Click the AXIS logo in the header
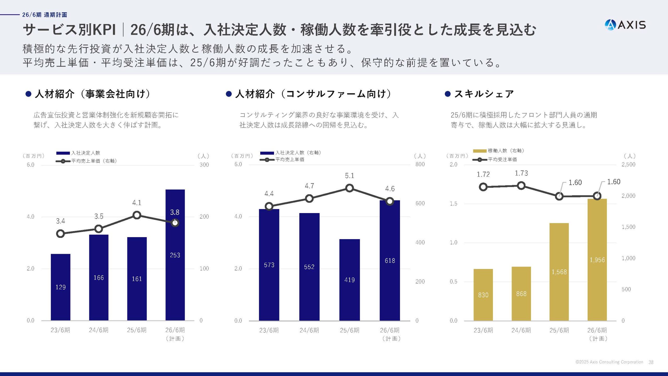pyautogui.click(x=625, y=25)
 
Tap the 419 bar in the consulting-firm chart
pyautogui.click(x=349, y=280)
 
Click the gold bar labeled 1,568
pyautogui.click(x=559, y=272)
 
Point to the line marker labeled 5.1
pyautogui.click(x=349, y=188)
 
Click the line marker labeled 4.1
pyautogui.click(x=137, y=215)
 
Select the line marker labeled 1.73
pyautogui.click(x=521, y=186)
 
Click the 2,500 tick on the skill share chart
pyautogui.click(x=628, y=164)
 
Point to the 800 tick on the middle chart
pyautogui.click(x=420, y=164)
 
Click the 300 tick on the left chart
pyautogui.click(x=204, y=165)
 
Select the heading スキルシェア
pyautogui.click(x=484, y=94)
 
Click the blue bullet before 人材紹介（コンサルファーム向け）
pyautogui.click(x=229, y=94)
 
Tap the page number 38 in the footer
pyautogui.click(x=651, y=362)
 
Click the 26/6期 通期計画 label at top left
pyautogui.click(x=45, y=15)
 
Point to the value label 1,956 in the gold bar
pyautogui.click(x=597, y=260)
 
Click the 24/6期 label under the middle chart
pyautogui.click(x=309, y=330)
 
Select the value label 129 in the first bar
pyautogui.click(x=61, y=287)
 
